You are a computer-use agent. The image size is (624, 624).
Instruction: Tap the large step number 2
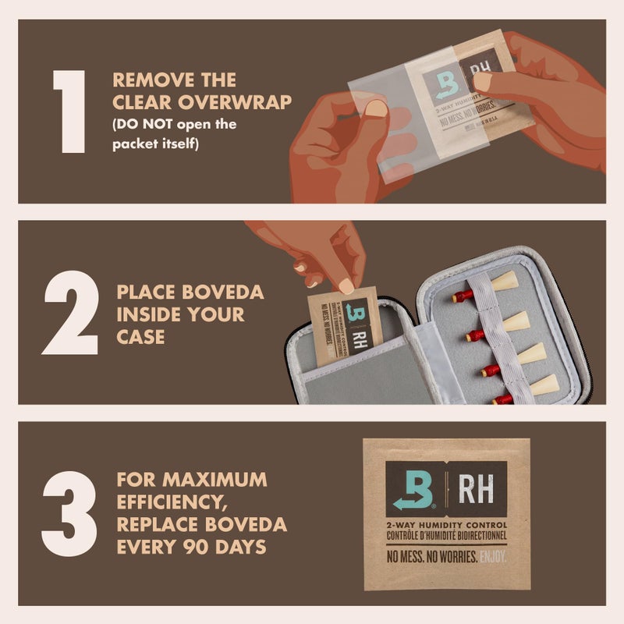pyautogui.click(x=70, y=312)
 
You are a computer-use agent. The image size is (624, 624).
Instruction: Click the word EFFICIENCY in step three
pyautogui.click(x=168, y=501)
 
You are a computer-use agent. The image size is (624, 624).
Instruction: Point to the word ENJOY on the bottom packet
pyautogui.click(x=493, y=557)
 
